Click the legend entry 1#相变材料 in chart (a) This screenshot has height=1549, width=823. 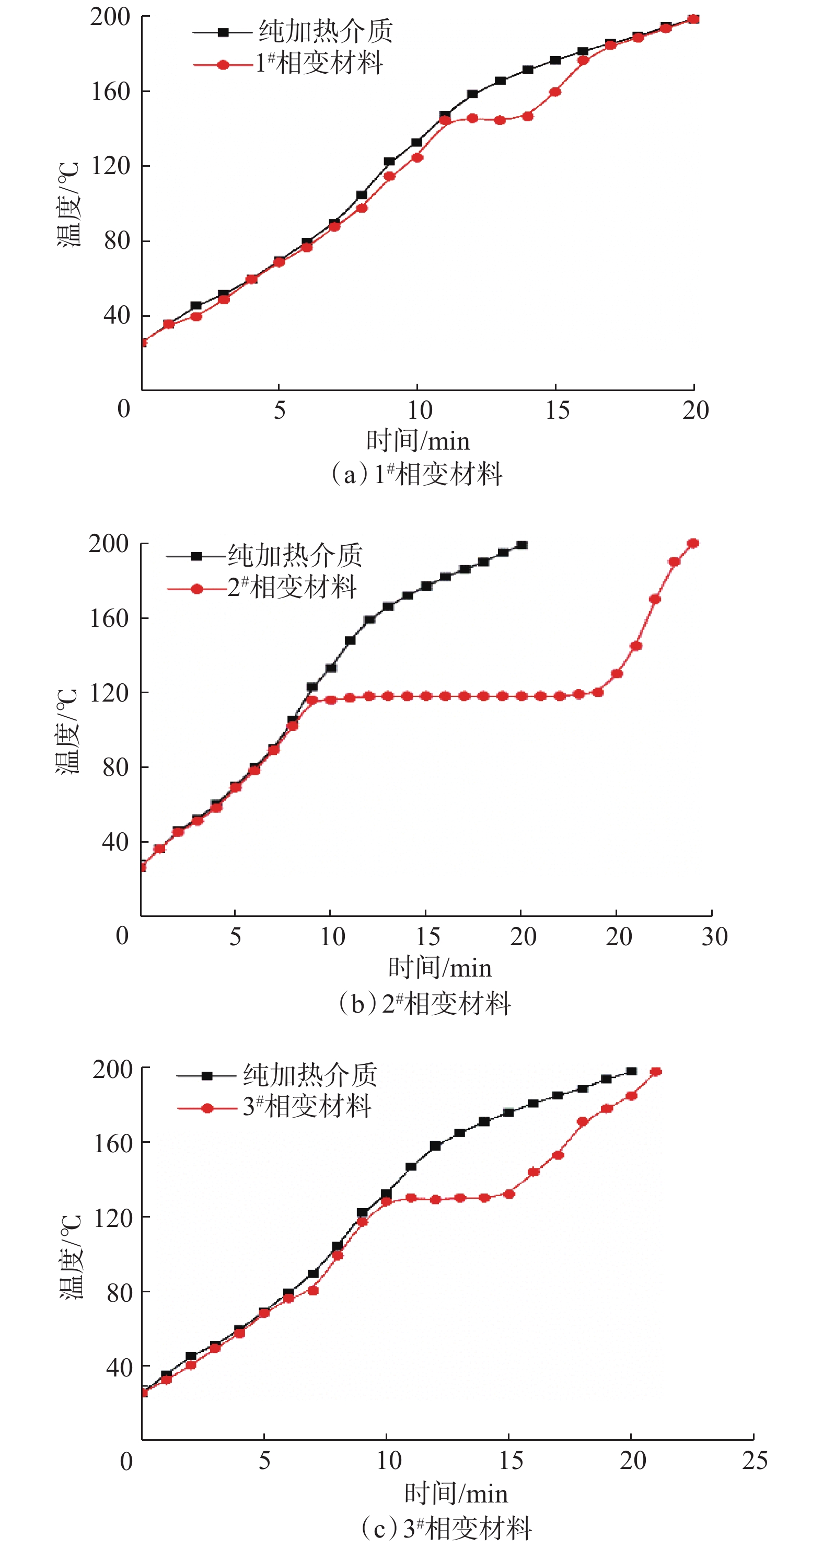pos(319,63)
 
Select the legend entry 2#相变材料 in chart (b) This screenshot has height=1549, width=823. pos(292,588)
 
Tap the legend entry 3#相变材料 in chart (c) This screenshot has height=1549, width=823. pos(307,1106)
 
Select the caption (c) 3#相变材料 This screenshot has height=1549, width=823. pos(446,1528)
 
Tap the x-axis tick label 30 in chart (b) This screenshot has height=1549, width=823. pos(714,937)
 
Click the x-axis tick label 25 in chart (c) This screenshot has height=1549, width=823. pos(755,1461)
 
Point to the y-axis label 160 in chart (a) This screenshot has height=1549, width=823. pos(111,91)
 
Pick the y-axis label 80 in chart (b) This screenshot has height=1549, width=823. pos(115,768)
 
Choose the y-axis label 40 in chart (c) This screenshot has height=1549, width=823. pos(119,1368)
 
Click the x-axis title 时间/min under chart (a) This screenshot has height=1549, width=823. pos(418,441)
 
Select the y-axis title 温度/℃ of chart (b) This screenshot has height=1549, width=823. pos(67,731)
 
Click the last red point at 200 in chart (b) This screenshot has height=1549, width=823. pos(692,544)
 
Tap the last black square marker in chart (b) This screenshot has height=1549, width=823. pos(522,545)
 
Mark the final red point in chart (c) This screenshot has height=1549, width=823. pos(656,1072)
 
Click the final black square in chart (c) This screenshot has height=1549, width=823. pos(631,1072)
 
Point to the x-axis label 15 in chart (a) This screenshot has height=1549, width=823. pos(557,411)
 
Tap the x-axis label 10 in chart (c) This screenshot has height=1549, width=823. pos(389,1461)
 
